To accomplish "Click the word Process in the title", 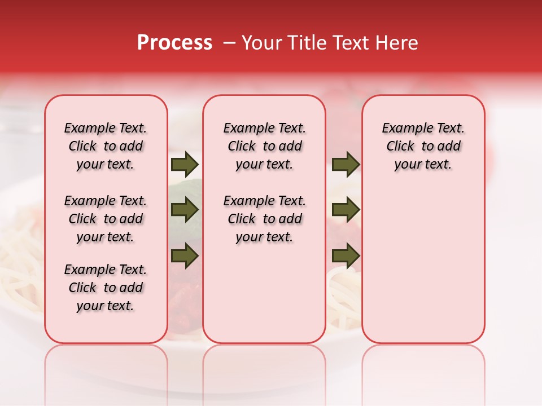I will [x=174, y=43].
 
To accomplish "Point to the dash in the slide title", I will [x=229, y=43].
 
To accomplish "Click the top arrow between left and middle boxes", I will [x=185, y=165].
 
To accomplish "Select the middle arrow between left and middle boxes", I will [x=185, y=210].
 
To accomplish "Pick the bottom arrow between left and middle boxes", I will [x=185, y=256].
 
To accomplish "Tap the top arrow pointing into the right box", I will [x=346, y=165].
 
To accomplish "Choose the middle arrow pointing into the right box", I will [x=346, y=210].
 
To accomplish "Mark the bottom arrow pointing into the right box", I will [x=346, y=256].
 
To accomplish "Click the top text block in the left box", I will [x=106, y=146].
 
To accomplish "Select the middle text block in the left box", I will [x=106, y=219].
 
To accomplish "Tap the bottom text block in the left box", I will [x=106, y=288].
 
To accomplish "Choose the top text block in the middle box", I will [x=264, y=146].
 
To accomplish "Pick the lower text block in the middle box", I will [x=264, y=219].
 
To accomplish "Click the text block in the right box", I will [x=423, y=146].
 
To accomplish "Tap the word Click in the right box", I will [x=400, y=147].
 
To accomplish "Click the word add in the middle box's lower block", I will [x=291, y=219].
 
